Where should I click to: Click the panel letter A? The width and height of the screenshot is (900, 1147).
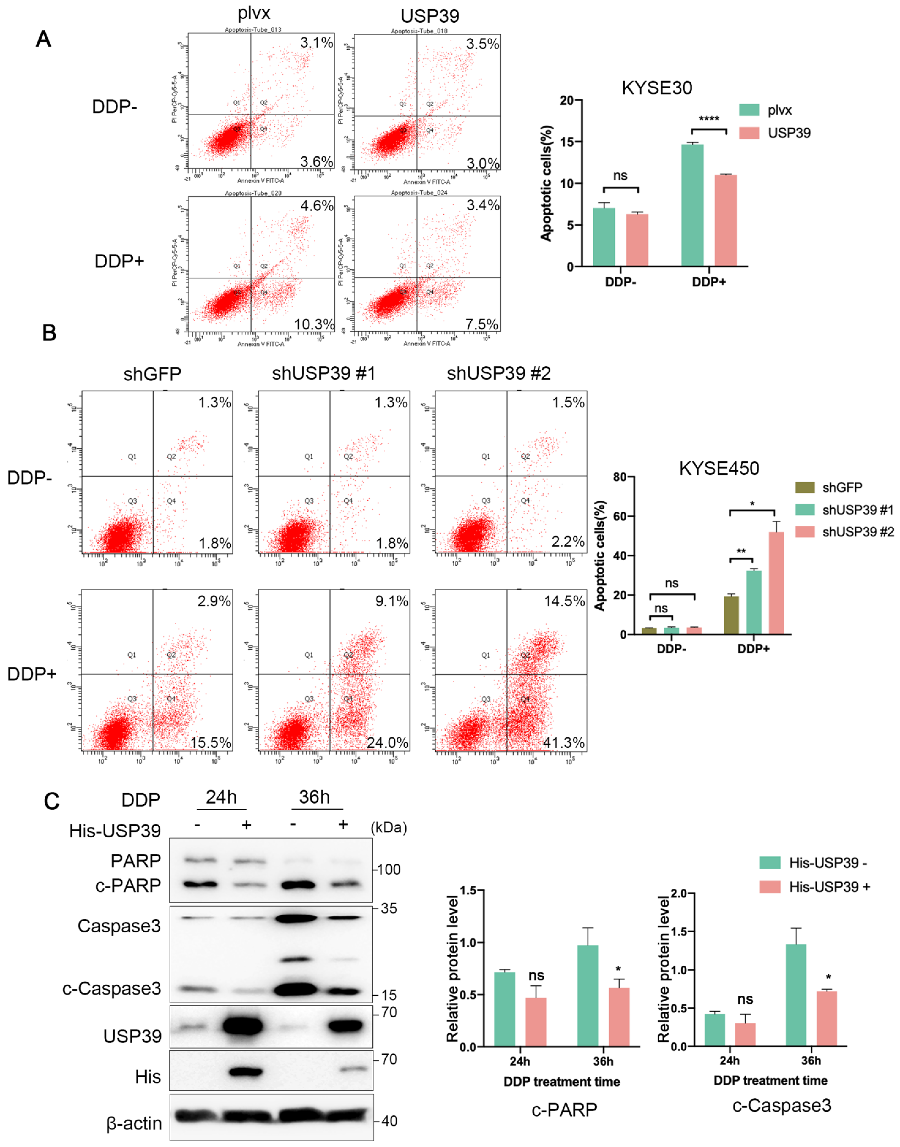43,40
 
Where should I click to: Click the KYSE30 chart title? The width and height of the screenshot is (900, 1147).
656,88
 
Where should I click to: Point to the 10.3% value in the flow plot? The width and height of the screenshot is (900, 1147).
314,324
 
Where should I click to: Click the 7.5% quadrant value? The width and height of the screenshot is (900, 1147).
482,324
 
